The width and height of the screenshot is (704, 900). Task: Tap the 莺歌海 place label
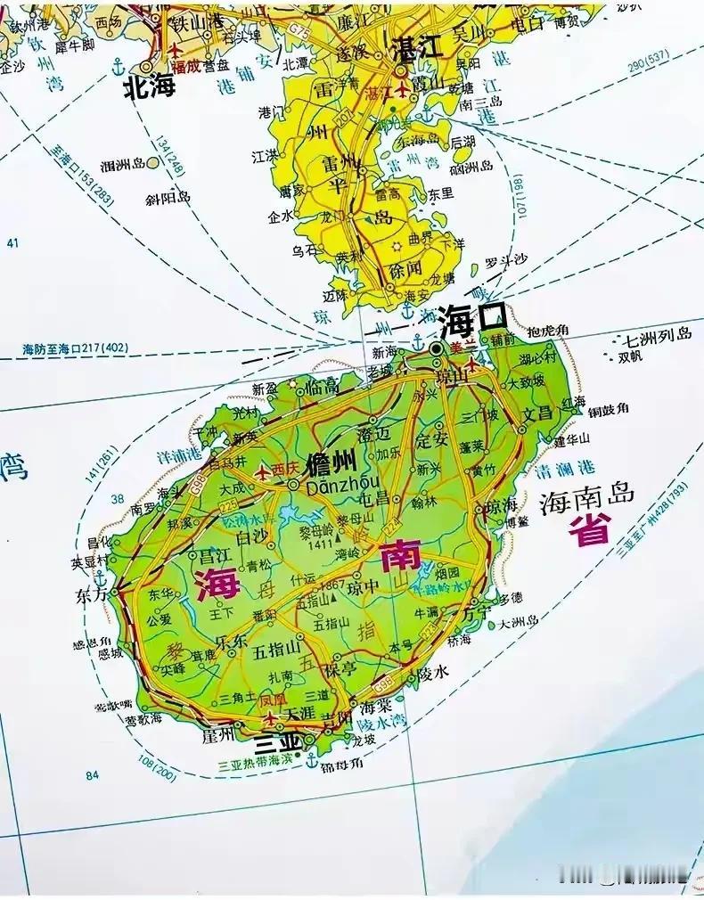143,718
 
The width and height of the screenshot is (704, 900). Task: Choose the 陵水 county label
433,674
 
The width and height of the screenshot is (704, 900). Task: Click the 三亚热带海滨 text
255,762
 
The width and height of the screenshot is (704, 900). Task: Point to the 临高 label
323,384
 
